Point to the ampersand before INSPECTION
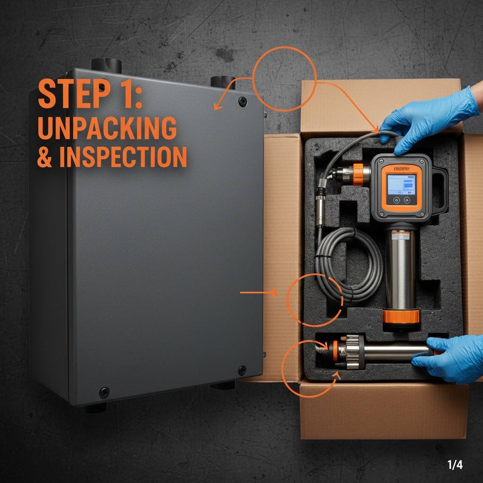point(45,158)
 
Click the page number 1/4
point(455,465)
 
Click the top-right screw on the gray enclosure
point(242,101)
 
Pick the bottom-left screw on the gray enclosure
point(104,391)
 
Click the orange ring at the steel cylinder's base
point(401,316)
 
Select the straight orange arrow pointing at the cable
point(258,293)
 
